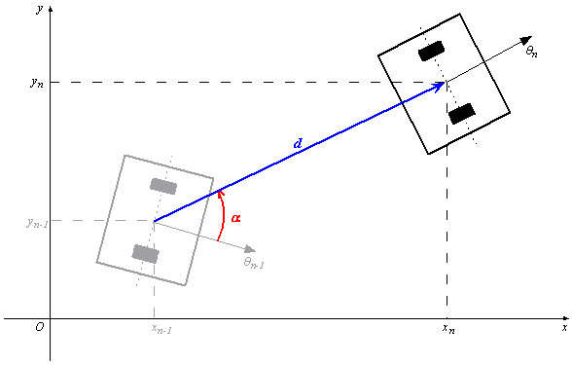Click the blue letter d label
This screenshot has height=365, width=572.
tap(298, 143)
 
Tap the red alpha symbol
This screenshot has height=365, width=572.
tap(235, 218)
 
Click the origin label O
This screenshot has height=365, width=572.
tap(39, 327)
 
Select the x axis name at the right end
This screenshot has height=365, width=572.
tap(564, 330)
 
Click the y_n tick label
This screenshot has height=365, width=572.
tap(38, 83)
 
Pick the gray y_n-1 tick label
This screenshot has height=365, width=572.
tap(36, 222)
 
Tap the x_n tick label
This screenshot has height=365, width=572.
tap(448, 330)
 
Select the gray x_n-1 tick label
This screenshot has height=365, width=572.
tap(161, 330)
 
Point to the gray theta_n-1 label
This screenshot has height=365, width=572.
tap(254, 262)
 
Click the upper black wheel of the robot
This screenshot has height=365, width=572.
tap(431, 51)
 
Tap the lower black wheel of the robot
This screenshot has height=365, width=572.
tap(461, 114)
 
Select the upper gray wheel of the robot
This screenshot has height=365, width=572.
tap(163, 186)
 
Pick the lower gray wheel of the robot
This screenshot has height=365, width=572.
tap(145, 254)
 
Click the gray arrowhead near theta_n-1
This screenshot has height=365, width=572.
tap(249, 249)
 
